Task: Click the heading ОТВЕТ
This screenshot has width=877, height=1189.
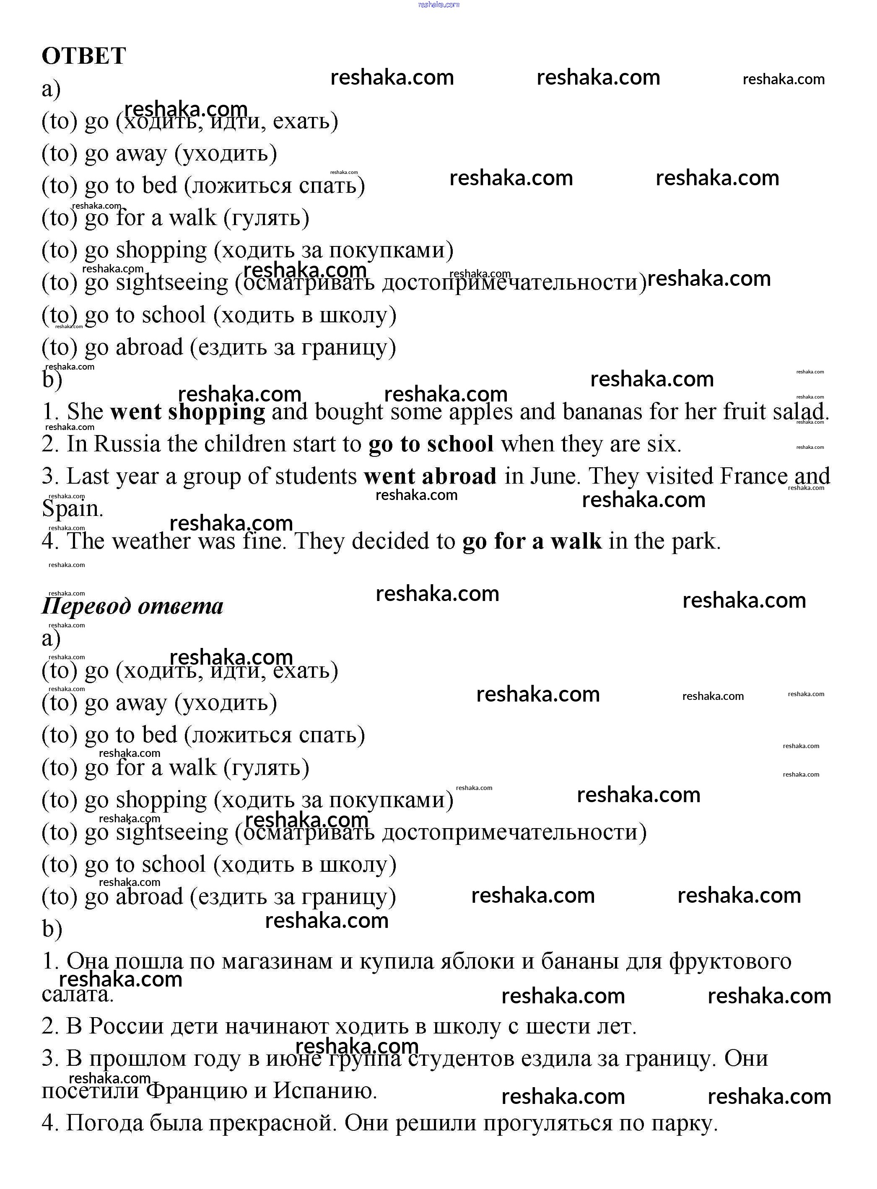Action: coord(83,56)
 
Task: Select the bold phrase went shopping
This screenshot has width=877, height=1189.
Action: coord(187,412)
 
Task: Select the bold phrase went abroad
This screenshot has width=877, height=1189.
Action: coord(430,477)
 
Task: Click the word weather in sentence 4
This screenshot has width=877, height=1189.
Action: coord(151,541)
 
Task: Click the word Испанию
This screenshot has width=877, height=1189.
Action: coord(325,1091)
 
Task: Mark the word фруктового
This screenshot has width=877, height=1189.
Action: coord(730,961)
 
